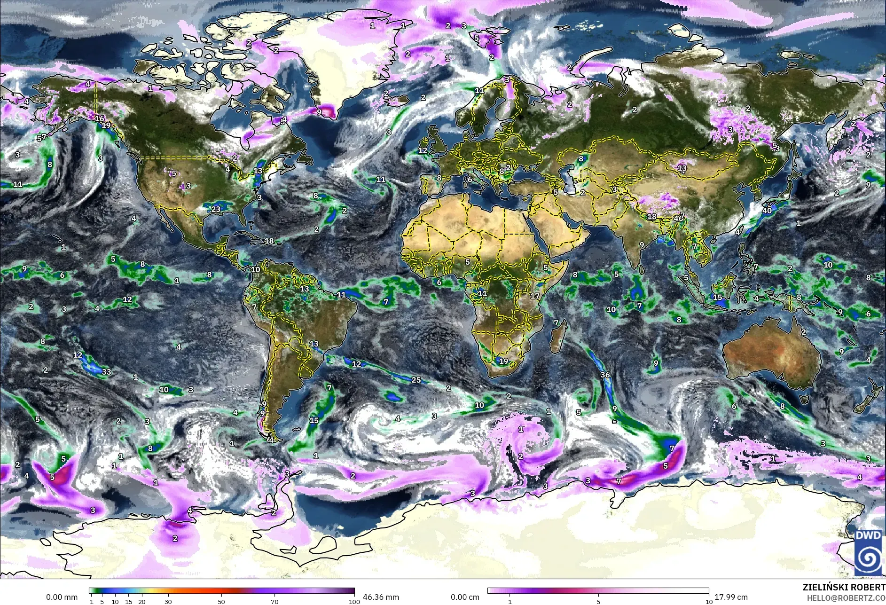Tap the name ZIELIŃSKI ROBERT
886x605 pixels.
(x=844, y=588)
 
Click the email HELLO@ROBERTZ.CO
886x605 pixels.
(x=846, y=598)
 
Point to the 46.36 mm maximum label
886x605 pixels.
(x=381, y=597)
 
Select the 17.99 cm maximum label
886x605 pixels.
(x=731, y=597)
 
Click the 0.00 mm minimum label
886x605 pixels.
(x=62, y=597)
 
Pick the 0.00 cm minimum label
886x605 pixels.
(x=465, y=597)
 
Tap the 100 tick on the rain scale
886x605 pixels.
(x=354, y=602)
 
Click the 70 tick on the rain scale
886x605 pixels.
(x=274, y=602)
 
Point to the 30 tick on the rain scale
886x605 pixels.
(x=168, y=602)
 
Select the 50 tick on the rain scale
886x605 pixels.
(x=221, y=602)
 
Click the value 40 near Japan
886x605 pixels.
(x=767, y=211)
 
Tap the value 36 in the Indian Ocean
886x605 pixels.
(x=605, y=375)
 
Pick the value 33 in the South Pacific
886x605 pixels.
(x=107, y=372)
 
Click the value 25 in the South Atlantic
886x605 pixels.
(x=416, y=380)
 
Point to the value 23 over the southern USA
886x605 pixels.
(x=216, y=209)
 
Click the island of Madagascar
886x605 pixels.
(x=557, y=339)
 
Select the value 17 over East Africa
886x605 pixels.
(x=535, y=296)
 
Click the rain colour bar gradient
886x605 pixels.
(x=221, y=591)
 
